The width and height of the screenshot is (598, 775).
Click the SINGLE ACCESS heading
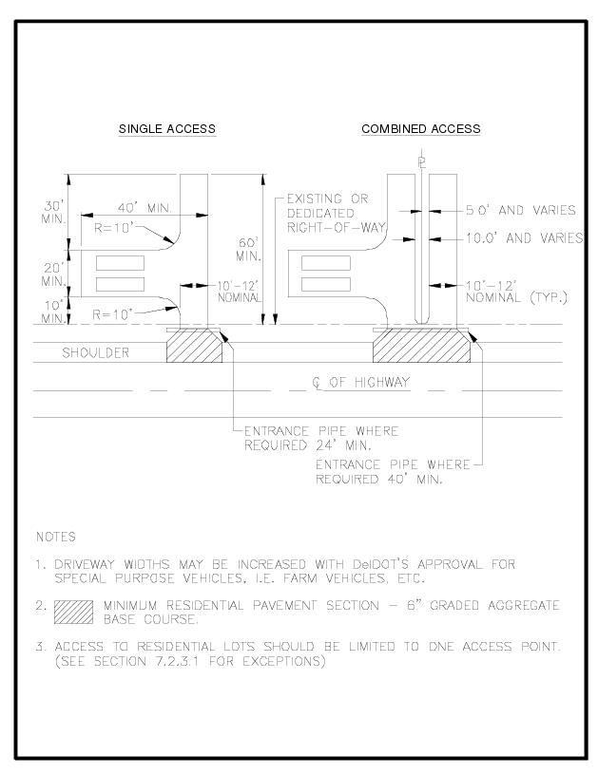tap(166, 129)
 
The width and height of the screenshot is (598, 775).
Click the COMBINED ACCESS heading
tap(420, 129)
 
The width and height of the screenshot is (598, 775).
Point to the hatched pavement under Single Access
tap(195, 347)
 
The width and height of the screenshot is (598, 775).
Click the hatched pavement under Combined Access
tap(421, 347)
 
